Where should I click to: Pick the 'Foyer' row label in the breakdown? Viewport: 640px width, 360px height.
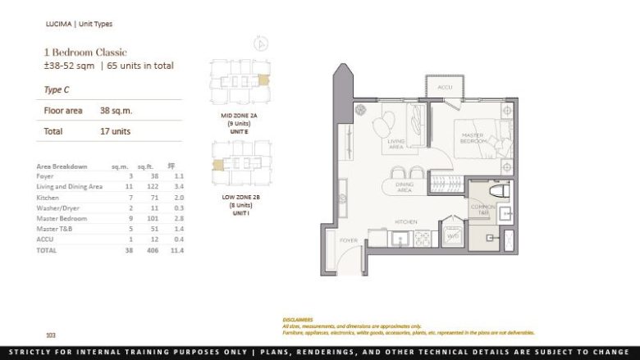point(45,176)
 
